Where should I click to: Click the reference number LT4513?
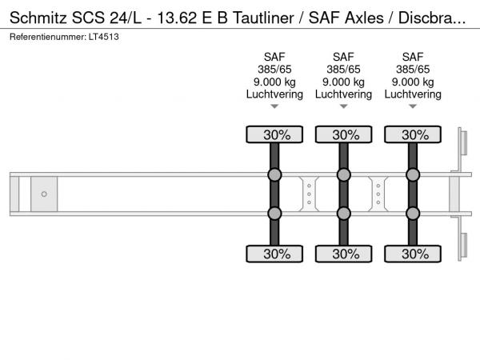click(x=103, y=37)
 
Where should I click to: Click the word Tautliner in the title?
click(x=263, y=18)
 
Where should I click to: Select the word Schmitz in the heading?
click(x=38, y=18)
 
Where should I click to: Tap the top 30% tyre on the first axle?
click(x=274, y=134)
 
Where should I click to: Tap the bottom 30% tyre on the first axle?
click(x=274, y=254)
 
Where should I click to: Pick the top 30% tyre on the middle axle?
click(x=344, y=134)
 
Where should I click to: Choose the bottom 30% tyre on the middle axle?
click(x=344, y=254)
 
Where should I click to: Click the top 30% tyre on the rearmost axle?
click(x=413, y=134)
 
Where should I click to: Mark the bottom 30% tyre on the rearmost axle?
click(x=413, y=254)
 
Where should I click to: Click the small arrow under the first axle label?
click(x=274, y=106)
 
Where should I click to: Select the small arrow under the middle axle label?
click(x=344, y=106)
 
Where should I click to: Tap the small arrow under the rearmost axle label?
click(x=413, y=106)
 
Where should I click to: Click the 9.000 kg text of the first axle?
click(x=274, y=82)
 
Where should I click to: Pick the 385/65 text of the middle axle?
click(x=343, y=70)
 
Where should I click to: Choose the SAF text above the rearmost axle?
click(x=413, y=57)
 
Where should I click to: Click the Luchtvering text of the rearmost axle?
click(x=413, y=94)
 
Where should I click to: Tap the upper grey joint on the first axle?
click(x=274, y=174)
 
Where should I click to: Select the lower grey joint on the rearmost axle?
click(x=413, y=214)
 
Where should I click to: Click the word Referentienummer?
click(x=48, y=37)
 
